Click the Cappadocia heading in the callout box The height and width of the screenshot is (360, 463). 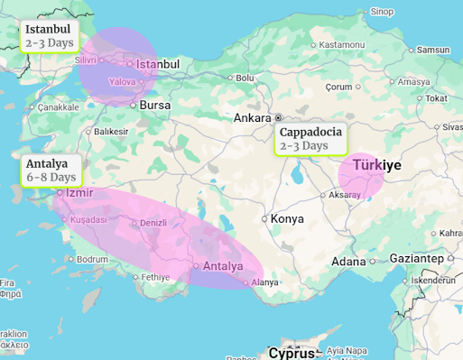tap(311, 132)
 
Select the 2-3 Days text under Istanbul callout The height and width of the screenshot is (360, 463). tap(50, 42)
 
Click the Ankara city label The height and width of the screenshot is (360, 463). tap(252, 118)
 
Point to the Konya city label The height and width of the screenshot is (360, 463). tap(287, 218)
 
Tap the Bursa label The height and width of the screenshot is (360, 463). tap(155, 106)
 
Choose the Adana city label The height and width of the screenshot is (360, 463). tap(348, 262)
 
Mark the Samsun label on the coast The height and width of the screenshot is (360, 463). tap(434, 50)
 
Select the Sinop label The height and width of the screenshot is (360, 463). tap(383, 11)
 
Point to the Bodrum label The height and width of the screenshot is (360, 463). tap(93, 259)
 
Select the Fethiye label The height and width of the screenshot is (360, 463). tap(155, 276)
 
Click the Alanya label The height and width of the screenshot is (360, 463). tap(265, 282)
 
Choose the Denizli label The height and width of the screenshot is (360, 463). tap(153, 222)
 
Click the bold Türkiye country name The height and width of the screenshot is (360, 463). tap(376, 165)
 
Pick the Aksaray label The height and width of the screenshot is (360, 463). tap(345, 195)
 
